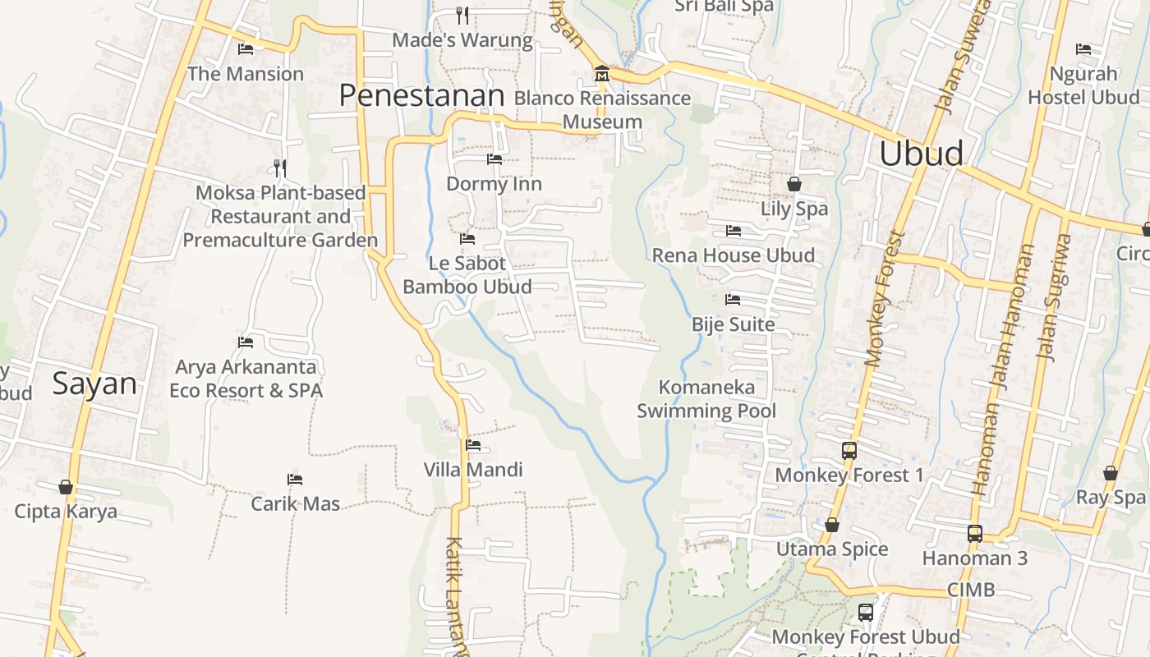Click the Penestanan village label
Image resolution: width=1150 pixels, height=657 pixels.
pos(421,96)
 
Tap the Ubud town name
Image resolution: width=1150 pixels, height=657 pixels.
pos(921,154)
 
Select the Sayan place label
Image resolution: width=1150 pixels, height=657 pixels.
pos(94,384)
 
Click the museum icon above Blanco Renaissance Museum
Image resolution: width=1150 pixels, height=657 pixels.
pos(601,75)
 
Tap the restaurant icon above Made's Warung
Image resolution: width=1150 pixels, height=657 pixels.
pos(462,15)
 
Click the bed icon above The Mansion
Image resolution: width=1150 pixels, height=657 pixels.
pos(245,48)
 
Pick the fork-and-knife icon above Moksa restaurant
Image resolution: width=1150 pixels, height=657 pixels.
pos(280,168)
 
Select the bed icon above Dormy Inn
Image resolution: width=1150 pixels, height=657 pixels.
pos(494,159)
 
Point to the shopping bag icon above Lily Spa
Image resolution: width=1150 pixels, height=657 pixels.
pos(793,184)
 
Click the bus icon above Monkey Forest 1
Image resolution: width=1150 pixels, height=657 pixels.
pos(849,450)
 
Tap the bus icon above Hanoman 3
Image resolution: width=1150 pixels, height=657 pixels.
pos(974,534)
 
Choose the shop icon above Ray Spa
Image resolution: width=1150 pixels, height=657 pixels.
pos(1110,473)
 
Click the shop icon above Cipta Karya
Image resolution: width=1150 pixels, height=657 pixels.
pos(66,487)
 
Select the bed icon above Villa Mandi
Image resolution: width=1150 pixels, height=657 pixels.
pos(473,445)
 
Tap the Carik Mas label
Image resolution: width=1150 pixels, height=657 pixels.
pos(295,503)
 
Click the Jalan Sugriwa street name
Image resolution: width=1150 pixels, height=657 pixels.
pos(1054,297)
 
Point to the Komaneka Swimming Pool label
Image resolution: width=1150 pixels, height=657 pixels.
pos(706,398)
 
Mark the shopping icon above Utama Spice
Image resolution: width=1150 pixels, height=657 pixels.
pos(831,525)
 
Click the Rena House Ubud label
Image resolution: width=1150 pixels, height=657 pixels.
pos(733,255)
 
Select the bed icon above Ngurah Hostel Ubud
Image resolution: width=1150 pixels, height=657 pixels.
pos(1083,49)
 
